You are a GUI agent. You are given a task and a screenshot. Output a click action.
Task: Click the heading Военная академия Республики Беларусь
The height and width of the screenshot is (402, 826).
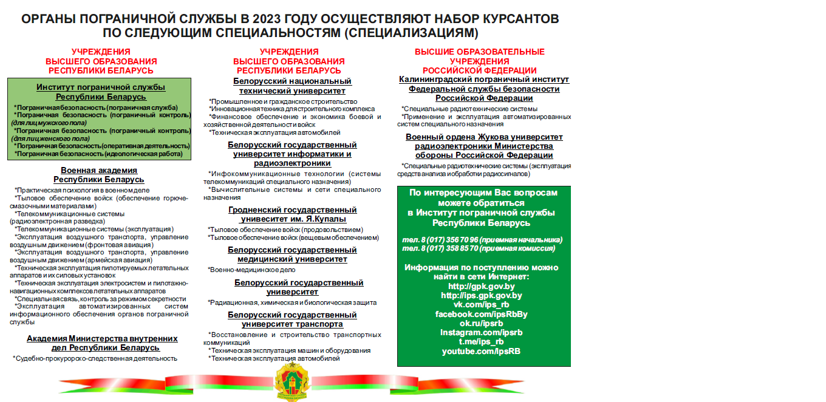click(x=99, y=175)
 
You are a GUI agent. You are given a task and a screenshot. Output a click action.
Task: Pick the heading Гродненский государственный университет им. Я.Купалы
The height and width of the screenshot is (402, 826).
click(x=293, y=214)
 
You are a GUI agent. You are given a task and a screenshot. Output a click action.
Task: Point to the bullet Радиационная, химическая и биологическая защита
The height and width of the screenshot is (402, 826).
click(x=292, y=302)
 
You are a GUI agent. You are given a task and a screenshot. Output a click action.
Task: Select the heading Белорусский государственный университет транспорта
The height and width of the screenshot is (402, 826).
click(x=293, y=319)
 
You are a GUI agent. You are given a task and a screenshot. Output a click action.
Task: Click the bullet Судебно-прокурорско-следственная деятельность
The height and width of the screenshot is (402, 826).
click(x=96, y=358)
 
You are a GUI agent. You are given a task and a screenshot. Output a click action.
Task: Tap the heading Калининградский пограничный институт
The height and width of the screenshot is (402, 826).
click(x=484, y=80)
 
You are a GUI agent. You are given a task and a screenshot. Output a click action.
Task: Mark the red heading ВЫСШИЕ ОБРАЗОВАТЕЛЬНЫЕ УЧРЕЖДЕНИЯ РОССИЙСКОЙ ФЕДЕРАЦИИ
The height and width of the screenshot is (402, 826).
click(x=480, y=61)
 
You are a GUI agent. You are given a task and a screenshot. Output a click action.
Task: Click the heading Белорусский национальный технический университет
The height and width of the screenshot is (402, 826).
click(x=293, y=86)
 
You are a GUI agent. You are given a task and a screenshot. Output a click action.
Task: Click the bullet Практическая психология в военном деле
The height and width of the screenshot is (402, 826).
click(x=83, y=190)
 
